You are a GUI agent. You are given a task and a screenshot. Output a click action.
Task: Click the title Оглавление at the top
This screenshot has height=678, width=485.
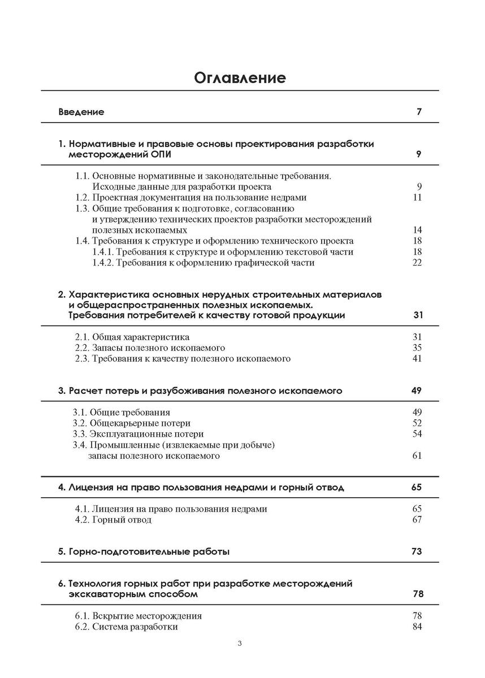240,77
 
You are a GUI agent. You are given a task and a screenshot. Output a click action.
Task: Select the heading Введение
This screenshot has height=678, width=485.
81,112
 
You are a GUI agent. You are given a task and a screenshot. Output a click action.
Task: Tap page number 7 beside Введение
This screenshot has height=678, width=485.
419,112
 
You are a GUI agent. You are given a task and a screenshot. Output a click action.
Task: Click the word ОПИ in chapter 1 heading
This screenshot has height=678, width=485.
161,154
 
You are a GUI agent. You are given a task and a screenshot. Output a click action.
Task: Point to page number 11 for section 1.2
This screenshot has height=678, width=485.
418,198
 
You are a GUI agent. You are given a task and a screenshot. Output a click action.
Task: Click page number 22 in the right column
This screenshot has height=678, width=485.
418,263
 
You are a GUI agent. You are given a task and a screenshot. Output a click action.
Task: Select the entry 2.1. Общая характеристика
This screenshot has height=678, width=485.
132,337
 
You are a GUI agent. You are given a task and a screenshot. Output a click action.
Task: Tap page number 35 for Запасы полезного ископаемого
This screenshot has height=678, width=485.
418,348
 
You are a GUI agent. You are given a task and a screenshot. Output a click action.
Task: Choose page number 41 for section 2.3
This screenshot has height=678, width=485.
418,359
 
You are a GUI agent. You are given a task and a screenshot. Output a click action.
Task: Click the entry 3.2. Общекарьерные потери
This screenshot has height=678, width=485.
132,423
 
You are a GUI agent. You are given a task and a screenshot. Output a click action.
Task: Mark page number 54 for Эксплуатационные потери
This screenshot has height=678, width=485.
418,434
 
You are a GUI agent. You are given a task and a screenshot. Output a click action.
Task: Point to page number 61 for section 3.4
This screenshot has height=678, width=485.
418,455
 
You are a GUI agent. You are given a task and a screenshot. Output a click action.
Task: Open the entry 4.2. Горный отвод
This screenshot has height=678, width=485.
113,520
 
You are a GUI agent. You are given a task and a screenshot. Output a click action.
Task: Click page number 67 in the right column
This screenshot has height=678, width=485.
418,520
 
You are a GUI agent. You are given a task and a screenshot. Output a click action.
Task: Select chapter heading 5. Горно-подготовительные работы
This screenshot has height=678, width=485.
144,551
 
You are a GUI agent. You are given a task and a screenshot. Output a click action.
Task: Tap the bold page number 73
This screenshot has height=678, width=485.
417,551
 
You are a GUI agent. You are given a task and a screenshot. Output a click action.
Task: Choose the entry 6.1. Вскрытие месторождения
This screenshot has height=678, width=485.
138,616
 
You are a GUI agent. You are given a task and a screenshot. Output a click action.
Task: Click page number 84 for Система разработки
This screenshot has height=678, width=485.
418,627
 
